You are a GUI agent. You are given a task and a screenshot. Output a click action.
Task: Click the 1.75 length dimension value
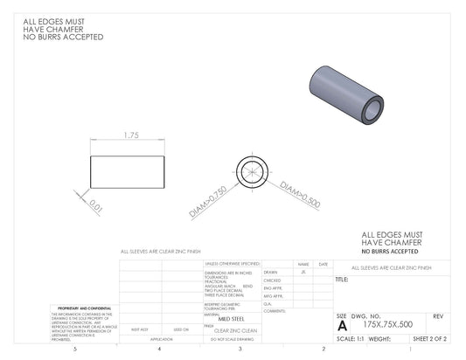(132, 135)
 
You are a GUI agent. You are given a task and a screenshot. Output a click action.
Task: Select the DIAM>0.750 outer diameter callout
(207, 202)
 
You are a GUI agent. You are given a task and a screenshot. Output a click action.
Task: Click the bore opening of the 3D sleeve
(372, 107)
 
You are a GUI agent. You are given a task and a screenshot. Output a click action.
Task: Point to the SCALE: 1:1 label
(351, 337)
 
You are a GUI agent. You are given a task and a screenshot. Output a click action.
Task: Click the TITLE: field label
(342, 280)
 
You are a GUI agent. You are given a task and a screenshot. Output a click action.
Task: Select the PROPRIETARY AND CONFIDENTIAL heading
(83, 308)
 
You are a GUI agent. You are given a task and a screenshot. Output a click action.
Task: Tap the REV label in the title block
(438, 315)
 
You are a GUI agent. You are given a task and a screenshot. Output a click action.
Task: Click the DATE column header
(323, 263)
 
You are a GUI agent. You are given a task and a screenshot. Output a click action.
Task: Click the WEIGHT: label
(379, 337)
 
